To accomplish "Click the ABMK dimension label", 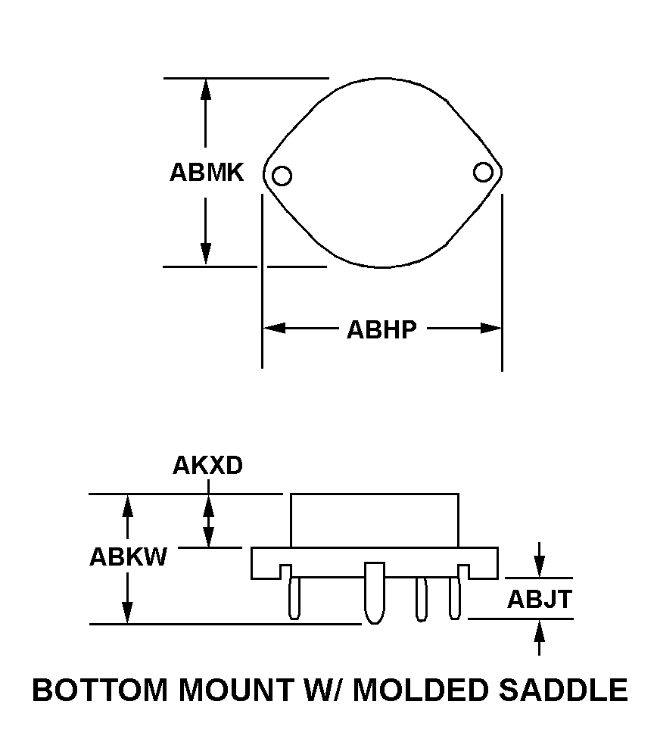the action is tap(207, 172).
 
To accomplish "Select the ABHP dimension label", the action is tap(381, 329).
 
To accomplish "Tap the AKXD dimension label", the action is tap(207, 465).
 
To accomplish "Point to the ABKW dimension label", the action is tap(128, 556).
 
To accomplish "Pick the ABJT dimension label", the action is tap(539, 599).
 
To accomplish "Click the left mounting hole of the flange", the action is tap(282, 176).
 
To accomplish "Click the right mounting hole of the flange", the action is tap(483, 172).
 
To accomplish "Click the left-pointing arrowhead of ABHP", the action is tap(275, 329).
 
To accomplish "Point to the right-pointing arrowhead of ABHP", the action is tap(490, 329).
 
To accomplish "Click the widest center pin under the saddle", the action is tap(375, 593).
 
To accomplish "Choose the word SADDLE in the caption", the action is tap(563, 690).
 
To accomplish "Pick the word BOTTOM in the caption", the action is tap(100, 690).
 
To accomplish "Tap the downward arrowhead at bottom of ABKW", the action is tap(127, 613).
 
